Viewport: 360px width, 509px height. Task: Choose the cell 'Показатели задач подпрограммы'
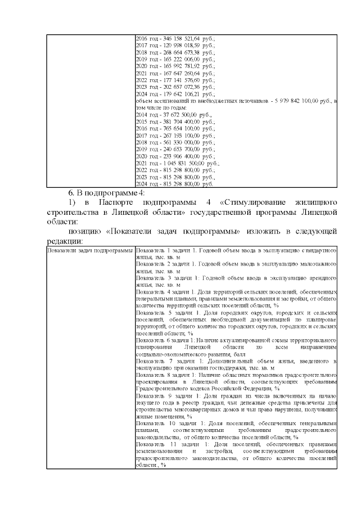pos(89,249)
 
